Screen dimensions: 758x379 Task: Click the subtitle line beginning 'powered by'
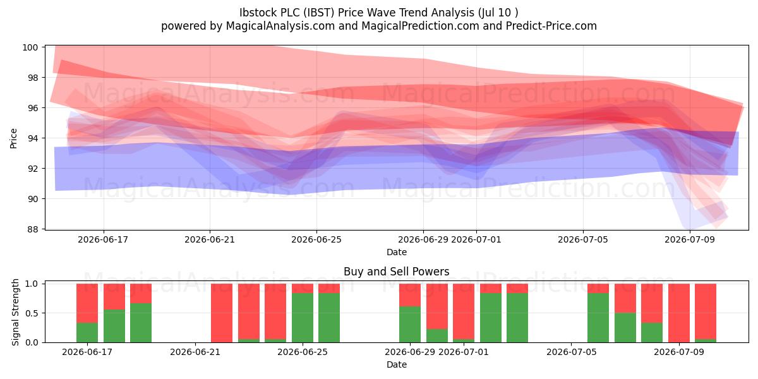click(x=378, y=26)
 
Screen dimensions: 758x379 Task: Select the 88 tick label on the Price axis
click(x=32, y=229)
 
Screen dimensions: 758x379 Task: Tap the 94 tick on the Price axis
click(x=32, y=138)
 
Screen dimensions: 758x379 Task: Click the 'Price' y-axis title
click(x=13, y=138)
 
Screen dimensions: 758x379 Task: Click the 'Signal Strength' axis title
click(x=15, y=312)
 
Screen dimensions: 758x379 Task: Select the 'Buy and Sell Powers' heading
click(x=396, y=272)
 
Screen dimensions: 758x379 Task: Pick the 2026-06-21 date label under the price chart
click(x=210, y=240)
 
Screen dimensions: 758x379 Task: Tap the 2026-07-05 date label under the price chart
click(x=582, y=240)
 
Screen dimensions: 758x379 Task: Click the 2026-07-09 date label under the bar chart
click(x=679, y=352)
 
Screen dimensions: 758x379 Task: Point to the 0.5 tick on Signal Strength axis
click(x=32, y=313)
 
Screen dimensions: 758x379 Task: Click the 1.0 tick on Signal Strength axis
click(x=32, y=284)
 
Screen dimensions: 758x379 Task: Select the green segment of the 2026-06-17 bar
click(x=87, y=333)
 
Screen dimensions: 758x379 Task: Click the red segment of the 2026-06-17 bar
click(x=87, y=303)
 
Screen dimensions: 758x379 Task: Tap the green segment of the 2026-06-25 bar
click(x=303, y=318)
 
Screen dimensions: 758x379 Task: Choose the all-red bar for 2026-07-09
click(x=679, y=313)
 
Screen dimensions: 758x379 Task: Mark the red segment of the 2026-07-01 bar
click(x=464, y=311)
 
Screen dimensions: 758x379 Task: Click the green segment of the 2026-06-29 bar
click(x=410, y=325)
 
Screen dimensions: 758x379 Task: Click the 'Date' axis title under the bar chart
click(x=397, y=365)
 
